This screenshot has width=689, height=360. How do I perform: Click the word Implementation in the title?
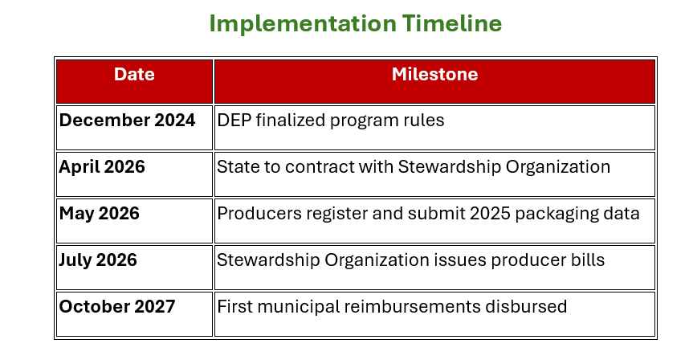[303, 24]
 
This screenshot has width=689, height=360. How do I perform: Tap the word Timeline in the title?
[452, 23]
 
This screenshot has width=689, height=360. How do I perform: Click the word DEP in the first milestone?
[234, 121]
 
